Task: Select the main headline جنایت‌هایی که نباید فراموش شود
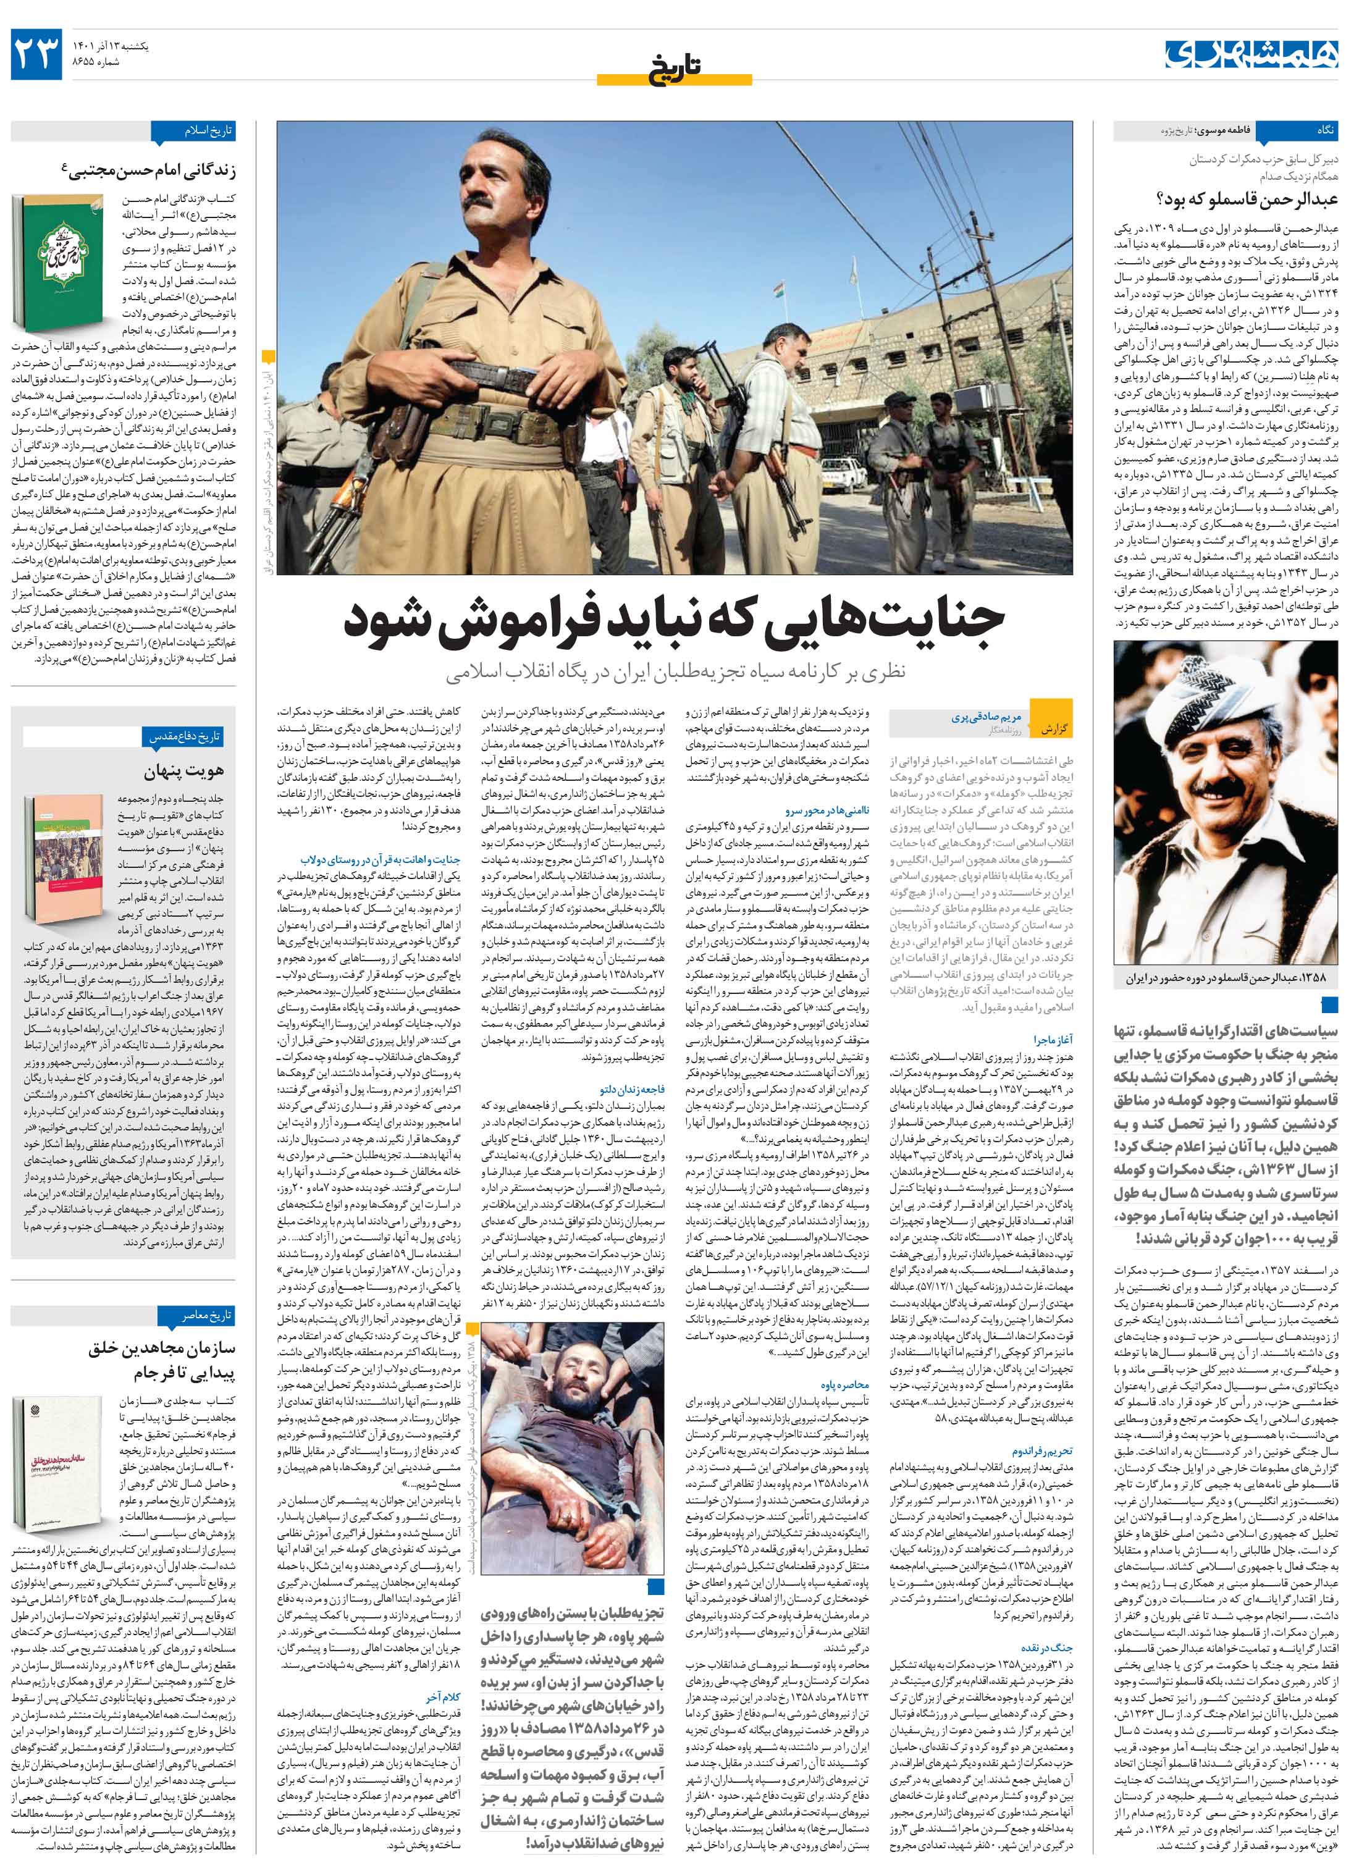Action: click(674, 622)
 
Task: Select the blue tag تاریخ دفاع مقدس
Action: click(188, 737)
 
